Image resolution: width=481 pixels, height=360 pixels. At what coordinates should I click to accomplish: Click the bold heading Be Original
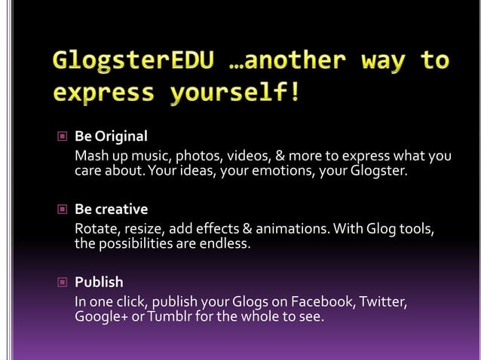[x=111, y=137]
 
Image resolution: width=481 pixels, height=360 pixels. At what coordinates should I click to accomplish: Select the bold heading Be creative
[x=111, y=209]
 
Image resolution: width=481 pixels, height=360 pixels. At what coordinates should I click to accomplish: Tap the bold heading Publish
[x=99, y=282]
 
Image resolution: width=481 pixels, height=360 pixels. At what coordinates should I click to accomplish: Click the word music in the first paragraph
[x=153, y=157]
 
